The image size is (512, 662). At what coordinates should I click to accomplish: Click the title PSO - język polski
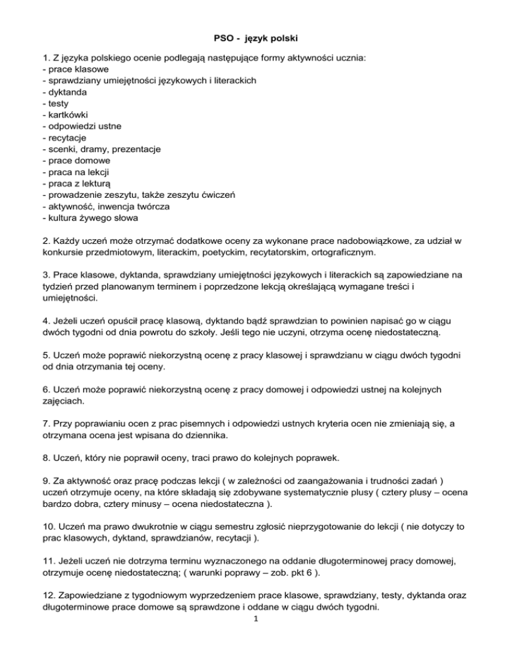pos(255,39)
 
